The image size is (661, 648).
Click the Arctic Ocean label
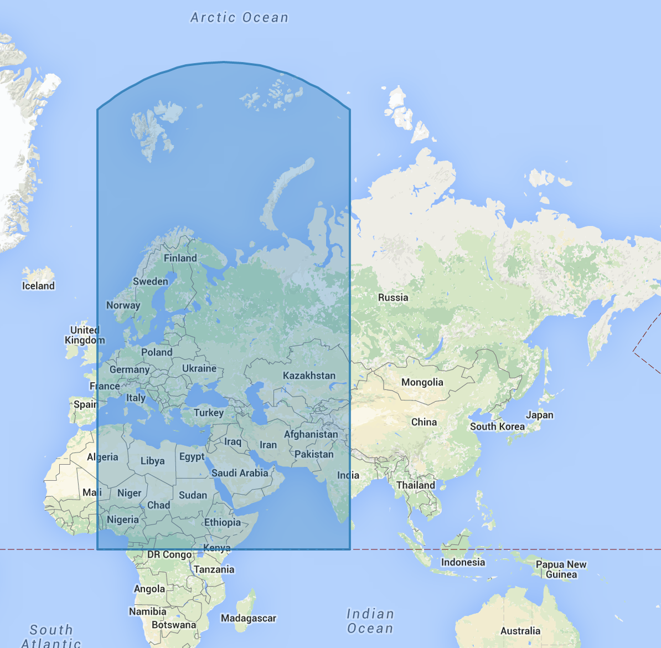pyautogui.click(x=239, y=18)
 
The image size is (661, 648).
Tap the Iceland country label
pyautogui.click(x=38, y=286)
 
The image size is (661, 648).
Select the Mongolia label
pyautogui.click(x=422, y=382)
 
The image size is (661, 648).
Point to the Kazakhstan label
pyautogui.click(x=309, y=376)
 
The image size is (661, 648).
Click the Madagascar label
pyautogui.click(x=248, y=618)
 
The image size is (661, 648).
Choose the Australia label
pyautogui.click(x=520, y=631)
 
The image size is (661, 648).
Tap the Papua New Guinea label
pyautogui.click(x=561, y=569)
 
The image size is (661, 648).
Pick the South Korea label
pyautogui.click(x=497, y=426)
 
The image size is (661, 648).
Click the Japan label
pyautogui.click(x=539, y=415)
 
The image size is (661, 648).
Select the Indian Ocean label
pyautogui.click(x=370, y=621)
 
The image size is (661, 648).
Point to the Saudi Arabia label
pyautogui.click(x=240, y=473)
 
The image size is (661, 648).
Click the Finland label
pyautogui.click(x=180, y=258)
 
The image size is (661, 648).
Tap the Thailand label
pyautogui.click(x=415, y=485)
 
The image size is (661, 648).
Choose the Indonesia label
pyautogui.click(x=463, y=562)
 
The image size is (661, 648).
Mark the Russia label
pyautogui.click(x=393, y=297)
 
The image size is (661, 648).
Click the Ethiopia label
pyautogui.click(x=222, y=522)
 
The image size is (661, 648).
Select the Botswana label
pyautogui.click(x=174, y=625)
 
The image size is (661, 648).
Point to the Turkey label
pyautogui.click(x=209, y=413)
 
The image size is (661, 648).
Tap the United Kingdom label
pyautogui.click(x=84, y=335)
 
